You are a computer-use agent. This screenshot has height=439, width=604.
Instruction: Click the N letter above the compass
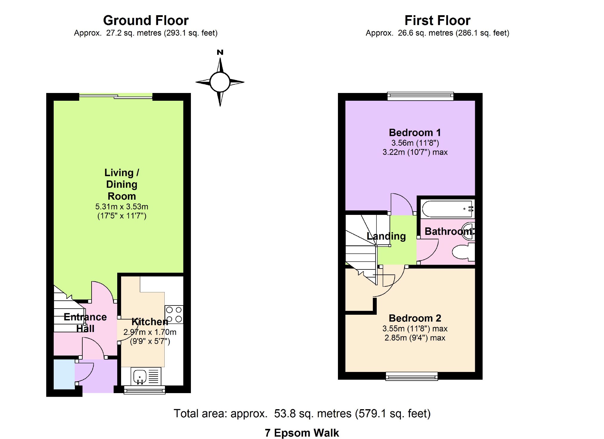[x=220, y=52]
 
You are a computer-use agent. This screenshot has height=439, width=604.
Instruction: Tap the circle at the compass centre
[x=220, y=82]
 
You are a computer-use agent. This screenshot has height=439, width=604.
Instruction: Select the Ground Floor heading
[x=146, y=21]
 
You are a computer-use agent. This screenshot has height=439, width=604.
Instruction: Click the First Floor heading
[x=437, y=21]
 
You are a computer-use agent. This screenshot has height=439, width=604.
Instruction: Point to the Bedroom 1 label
[x=415, y=132]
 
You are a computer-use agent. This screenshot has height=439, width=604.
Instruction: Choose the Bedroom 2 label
[x=415, y=318]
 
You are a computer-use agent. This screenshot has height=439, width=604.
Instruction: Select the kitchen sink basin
[x=140, y=377]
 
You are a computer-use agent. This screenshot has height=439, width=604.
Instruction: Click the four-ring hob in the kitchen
[x=174, y=314]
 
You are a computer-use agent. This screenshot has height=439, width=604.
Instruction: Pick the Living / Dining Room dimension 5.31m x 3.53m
[x=122, y=207]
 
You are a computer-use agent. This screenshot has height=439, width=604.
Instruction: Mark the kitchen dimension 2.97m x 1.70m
[x=150, y=332]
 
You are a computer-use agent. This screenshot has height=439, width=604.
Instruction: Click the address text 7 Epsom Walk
[x=302, y=433]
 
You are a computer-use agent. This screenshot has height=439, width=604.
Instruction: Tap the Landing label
[x=386, y=236]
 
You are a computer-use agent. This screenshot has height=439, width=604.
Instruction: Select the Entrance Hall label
[x=85, y=322]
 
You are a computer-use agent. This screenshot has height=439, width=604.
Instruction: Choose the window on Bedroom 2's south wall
[x=412, y=376]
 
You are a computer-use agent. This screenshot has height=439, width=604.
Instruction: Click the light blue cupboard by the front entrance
[x=64, y=374]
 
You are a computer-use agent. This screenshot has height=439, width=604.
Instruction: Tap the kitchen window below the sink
[x=144, y=390]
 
